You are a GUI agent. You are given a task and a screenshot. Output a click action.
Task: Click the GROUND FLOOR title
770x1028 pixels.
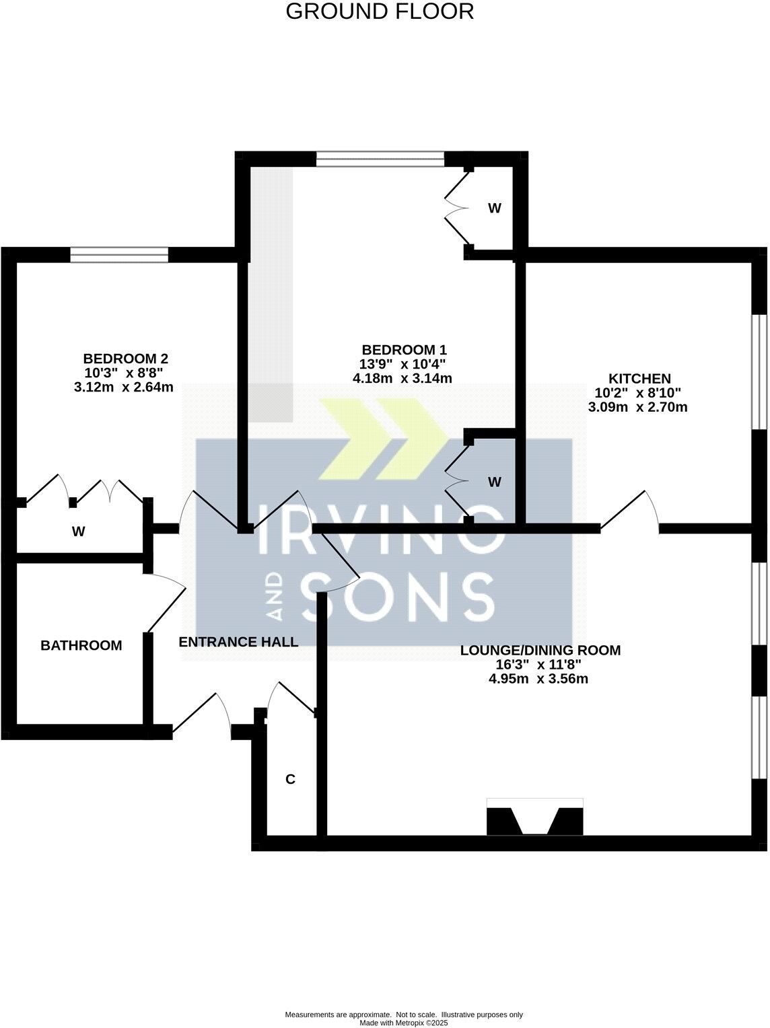[380, 11]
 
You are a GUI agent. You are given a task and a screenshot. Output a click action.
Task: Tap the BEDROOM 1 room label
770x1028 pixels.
[404, 350]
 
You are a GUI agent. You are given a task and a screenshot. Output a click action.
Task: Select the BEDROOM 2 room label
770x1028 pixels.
[125, 358]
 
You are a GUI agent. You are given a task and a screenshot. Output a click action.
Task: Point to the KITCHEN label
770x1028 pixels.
[640, 379]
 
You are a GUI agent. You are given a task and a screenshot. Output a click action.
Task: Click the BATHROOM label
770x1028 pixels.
[81, 646]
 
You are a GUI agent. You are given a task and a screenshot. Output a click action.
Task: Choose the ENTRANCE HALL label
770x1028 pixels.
[238, 642]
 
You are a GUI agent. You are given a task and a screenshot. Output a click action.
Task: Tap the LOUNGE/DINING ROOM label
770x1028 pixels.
[540, 651]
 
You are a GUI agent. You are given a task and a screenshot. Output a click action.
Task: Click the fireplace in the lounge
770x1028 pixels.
[534, 817]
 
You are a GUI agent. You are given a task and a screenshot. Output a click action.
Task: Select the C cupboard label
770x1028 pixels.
[290, 780]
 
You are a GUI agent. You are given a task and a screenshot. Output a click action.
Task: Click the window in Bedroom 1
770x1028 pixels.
[380, 159]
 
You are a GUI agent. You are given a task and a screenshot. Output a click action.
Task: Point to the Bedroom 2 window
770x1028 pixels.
[119, 254]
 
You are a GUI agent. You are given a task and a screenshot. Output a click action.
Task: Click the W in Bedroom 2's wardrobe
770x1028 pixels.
[79, 531]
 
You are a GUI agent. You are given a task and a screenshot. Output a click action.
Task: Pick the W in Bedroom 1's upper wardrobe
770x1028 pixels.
[494, 209]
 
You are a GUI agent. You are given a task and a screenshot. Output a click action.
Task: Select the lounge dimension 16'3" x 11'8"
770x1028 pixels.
[540, 665]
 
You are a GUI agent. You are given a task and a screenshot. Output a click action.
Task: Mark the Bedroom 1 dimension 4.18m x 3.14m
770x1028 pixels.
[402, 378]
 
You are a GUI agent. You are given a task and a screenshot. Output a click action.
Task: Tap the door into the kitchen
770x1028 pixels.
[630, 513]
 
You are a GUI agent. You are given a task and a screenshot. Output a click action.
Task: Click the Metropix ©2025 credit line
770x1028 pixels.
[404, 1023]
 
